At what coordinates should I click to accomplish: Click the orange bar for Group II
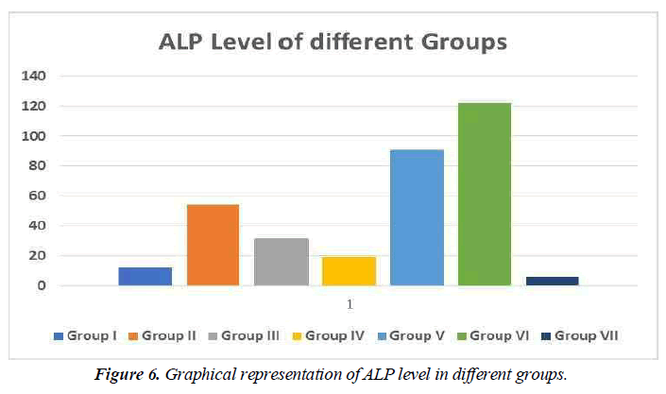click(x=213, y=245)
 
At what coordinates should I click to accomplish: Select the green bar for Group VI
click(x=485, y=194)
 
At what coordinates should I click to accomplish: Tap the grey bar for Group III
click(x=281, y=262)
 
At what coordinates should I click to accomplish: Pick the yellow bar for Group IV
click(x=349, y=271)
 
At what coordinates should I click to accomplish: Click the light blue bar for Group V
click(x=417, y=217)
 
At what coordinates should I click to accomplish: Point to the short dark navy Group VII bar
click(x=553, y=281)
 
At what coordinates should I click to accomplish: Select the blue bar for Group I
click(x=145, y=276)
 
